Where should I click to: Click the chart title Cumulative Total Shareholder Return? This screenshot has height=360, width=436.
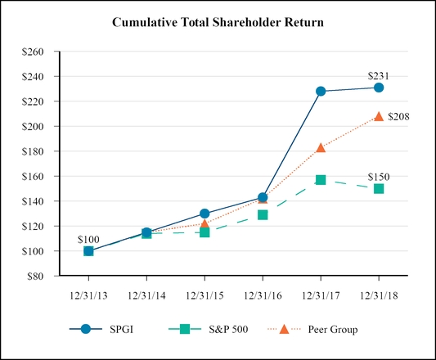click(218, 22)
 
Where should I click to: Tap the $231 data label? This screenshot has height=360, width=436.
click(379, 76)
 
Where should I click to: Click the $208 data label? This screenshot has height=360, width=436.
click(398, 116)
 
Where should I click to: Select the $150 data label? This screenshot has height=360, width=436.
click(378, 177)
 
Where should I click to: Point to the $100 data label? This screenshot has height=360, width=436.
click(88, 239)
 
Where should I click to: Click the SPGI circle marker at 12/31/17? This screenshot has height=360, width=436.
click(321, 91)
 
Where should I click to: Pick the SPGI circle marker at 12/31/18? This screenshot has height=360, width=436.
click(379, 88)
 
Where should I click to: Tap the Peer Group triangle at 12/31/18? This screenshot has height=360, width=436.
click(379, 116)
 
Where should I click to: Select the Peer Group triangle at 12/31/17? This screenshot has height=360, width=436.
click(321, 148)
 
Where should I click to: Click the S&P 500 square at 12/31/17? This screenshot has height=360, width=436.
click(321, 179)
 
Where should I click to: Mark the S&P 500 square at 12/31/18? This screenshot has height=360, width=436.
click(379, 188)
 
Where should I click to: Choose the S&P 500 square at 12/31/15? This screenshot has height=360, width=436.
click(205, 232)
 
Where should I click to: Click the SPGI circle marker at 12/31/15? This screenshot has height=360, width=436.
click(205, 214)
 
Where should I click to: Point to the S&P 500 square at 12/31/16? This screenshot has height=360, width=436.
click(263, 214)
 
